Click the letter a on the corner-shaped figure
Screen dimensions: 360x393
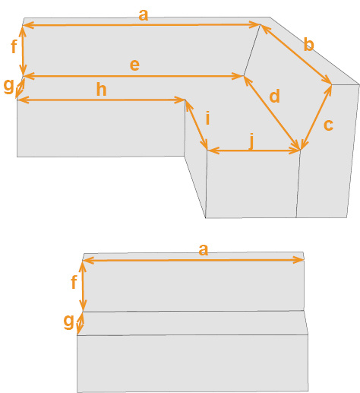pyautogui.click(x=144, y=15)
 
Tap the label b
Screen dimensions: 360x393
pyautogui.click(x=308, y=45)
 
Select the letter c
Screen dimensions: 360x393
pyautogui.click(x=328, y=125)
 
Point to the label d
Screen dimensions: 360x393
pyautogui.click(x=275, y=96)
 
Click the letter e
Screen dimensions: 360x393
pyautogui.click(x=134, y=65)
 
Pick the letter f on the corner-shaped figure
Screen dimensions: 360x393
pyautogui.click(x=14, y=46)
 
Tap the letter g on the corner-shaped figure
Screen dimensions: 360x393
pyautogui.click(x=8, y=86)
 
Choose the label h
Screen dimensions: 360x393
pyautogui.click(x=101, y=90)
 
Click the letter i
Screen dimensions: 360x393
pyautogui.click(x=208, y=118)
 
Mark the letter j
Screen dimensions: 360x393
pyautogui.click(x=251, y=141)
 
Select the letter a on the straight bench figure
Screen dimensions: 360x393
pyautogui.click(x=204, y=250)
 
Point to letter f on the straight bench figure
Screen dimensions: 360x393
pyautogui.click(x=74, y=282)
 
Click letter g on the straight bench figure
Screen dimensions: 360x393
pyautogui.click(x=68, y=322)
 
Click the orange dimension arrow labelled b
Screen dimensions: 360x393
pyautogui.click(x=296, y=54)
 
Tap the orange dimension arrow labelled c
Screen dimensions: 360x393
pyautogui.click(x=316, y=117)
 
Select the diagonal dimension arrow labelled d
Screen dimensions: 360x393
pyautogui.click(x=272, y=113)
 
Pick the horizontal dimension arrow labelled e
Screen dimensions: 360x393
pyautogui.click(x=134, y=76)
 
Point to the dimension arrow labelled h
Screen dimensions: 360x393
pyautogui.click(x=101, y=100)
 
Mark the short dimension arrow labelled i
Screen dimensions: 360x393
pyautogui.click(x=197, y=125)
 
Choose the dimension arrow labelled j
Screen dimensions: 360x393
pyautogui.click(x=254, y=151)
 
